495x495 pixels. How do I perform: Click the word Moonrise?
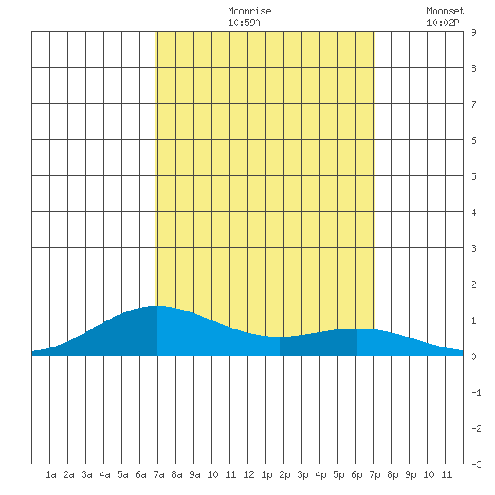click(x=249, y=12)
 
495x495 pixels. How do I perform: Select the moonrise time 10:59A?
click(x=244, y=22)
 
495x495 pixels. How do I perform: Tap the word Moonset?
click(x=445, y=12)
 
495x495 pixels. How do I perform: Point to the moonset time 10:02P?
click(x=443, y=22)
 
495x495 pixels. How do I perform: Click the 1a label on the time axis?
click(x=50, y=474)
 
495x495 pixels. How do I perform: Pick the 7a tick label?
click(x=158, y=474)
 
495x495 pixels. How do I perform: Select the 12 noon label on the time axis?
click(x=248, y=474)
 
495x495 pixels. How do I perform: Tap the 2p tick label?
click(x=284, y=474)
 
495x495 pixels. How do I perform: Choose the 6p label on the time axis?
click(x=356, y=474)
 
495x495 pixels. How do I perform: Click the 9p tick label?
click(x=410, y=474)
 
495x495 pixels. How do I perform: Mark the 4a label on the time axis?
click(x=104, y=474)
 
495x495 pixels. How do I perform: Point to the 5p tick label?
click(x=338, y=474)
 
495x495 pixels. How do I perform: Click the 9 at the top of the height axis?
click(x=473, y=32)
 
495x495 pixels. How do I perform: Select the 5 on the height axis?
click(x=473, y=176)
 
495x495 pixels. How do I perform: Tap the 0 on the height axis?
click(x=473, y=356)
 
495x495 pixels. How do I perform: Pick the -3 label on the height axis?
click(x=476, y=464)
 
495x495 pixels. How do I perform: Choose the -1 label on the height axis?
click(x=476, y=392)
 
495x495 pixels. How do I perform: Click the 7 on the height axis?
click(x=473, y=104)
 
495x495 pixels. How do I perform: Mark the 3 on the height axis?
click(x=473, y=248)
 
